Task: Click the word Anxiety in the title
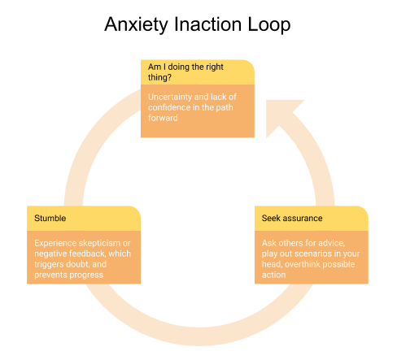(x=137, y=25)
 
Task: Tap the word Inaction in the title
(x=207, y=24)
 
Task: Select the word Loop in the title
(x=269, y=25)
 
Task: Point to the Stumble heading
(x=50, y=218)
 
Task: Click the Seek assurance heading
(x=292, y=218)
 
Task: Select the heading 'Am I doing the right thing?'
(x=185, y=72)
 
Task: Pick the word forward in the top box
(x=163, y=118)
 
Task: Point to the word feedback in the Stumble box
(x=88, y=254)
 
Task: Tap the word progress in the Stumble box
(x=86, y=275)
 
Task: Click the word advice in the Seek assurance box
(x=332, y=243)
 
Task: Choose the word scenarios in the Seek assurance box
(x=313, y=254)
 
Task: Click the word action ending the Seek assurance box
(x=273, y=275)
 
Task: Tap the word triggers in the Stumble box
(x=49, y=264)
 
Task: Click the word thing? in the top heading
(x=159, y=77)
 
